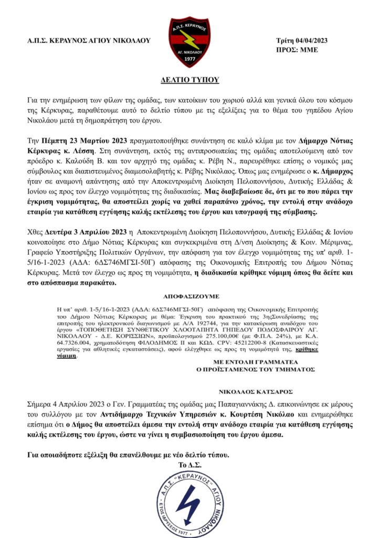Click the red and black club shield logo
(x=190, y=43)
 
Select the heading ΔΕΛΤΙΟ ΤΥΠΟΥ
(x=189, y=79)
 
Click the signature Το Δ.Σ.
(x=190, y=465)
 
